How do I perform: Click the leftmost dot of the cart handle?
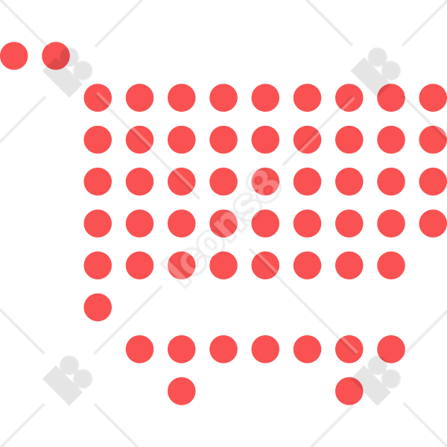(14, 56)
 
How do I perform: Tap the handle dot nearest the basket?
(56, 56)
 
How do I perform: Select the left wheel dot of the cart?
(182, 391)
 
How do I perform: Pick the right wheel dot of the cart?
(349, 391)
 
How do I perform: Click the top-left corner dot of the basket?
(98, 98)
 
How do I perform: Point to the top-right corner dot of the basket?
(433, 98)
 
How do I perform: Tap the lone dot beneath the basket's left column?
(98, 307)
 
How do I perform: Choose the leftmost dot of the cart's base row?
(140, 349)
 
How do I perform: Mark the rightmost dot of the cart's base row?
(391, 349)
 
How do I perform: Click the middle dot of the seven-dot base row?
(265, 349)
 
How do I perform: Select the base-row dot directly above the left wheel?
(182, 349)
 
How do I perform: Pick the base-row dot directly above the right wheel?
(349, 349)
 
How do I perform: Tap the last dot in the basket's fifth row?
(391, 265)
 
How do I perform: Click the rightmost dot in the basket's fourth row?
(433, 223)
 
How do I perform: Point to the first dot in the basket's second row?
(98, 140)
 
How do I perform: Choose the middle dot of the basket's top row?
(265, 98)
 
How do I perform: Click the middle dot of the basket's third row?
(265, 182)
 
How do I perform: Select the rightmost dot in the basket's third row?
(433, 182)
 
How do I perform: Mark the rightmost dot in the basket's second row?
(433, 140)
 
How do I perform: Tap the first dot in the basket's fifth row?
(98, 265)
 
